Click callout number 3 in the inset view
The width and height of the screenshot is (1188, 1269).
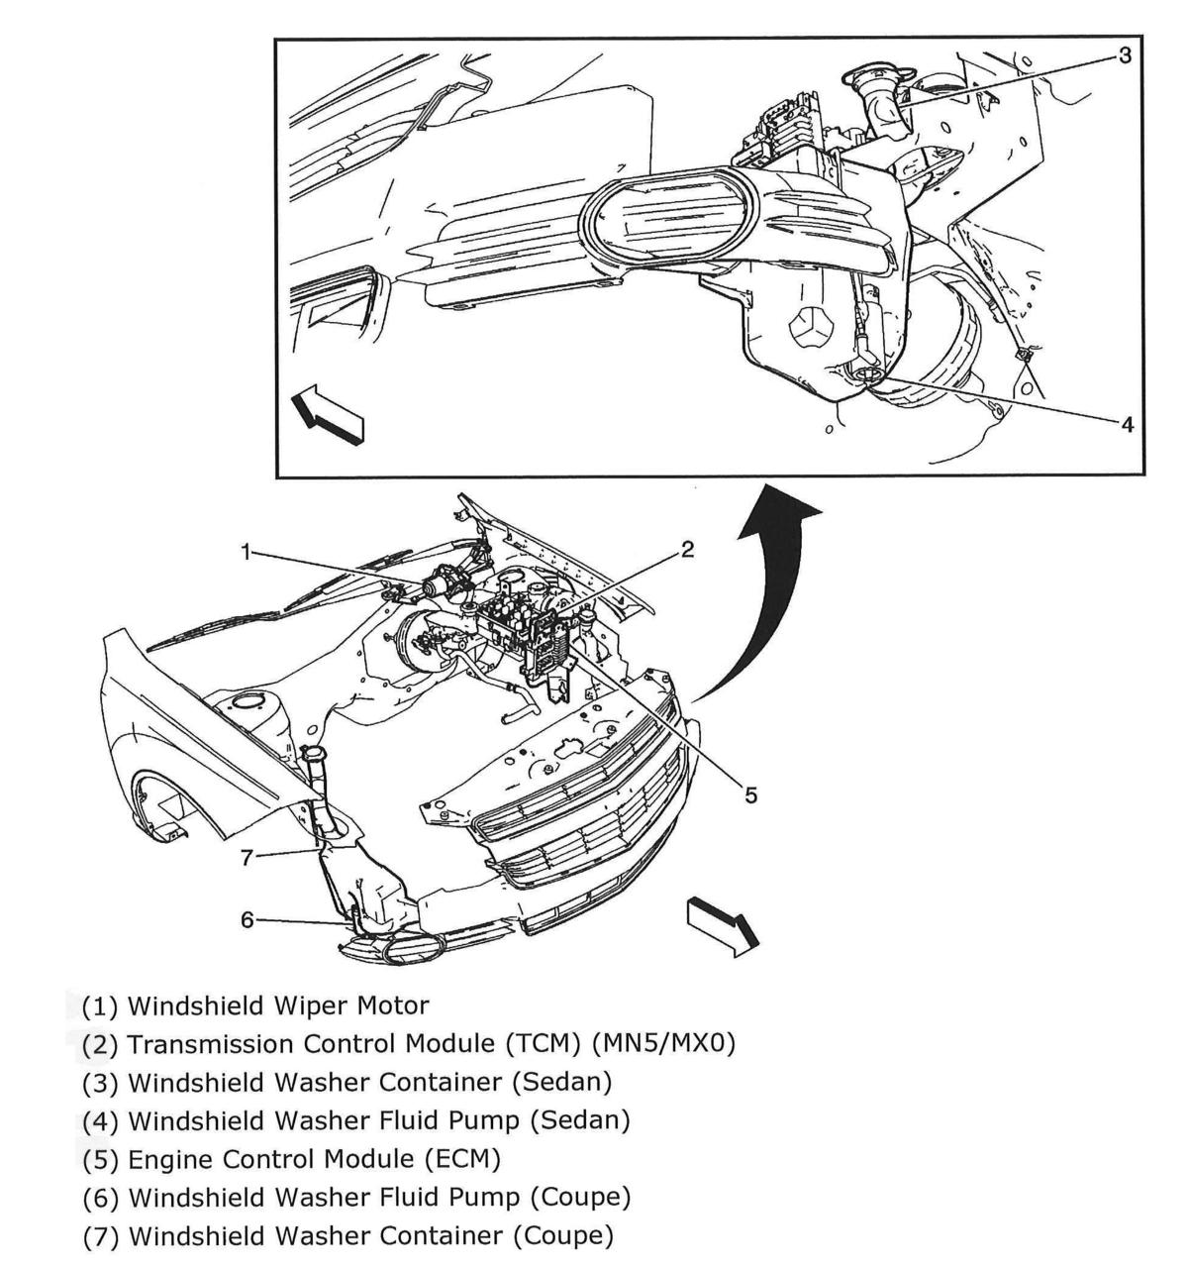click(1124, 55)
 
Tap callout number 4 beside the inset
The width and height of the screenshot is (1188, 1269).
click(1126, 424)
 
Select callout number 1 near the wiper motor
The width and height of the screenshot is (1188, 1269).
click(245, 552)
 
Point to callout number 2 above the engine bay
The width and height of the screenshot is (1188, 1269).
click(687, 552)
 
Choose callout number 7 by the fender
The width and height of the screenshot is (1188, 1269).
click(247, 857)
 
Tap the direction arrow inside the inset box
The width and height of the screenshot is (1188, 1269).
click(327, 415)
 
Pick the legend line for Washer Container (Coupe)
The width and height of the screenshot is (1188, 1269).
click(346, 1235)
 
